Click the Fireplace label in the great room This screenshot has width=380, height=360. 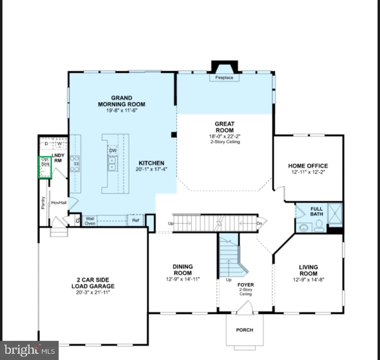[224, 78]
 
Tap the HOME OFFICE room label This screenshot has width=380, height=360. [308, 166]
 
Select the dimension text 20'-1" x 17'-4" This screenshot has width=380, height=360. [152, 169]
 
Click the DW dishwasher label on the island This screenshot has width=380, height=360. [113, 150]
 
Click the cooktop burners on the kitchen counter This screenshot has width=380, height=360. [75, 163]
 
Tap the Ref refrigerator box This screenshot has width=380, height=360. [135, 220]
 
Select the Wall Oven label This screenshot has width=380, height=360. [90, 221]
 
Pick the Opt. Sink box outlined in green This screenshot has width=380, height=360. [45, 167]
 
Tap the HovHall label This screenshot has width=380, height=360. [59, 203]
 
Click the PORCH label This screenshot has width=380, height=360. [245, 330]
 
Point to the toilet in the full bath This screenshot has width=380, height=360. [319, 226]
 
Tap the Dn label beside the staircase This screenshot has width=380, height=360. [259, 223]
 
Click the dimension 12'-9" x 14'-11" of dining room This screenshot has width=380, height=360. [183, 279]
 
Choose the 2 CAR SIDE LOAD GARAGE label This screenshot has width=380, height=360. [93, 283]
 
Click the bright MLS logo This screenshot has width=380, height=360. [29, 350]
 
